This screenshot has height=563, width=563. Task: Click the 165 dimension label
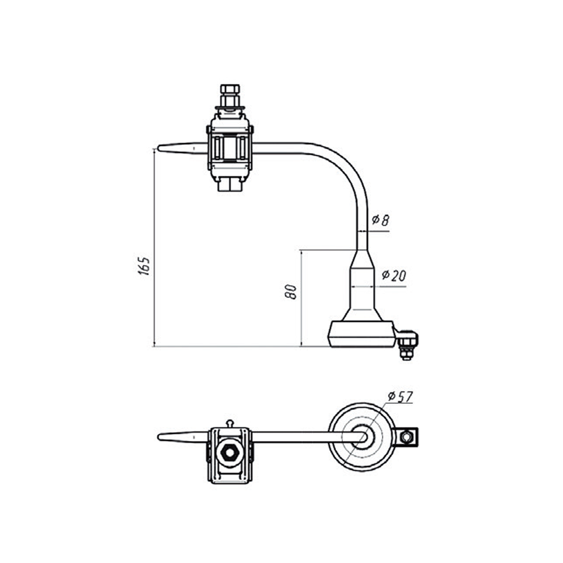pyautogui.click(x=144, y=266)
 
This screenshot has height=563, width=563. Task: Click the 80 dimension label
pyautogui.click(x=291, y=291)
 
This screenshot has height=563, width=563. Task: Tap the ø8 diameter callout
pyautogui.click(x=380, y=221)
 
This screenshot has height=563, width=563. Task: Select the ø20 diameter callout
pyautogui.click(x=394, y=275)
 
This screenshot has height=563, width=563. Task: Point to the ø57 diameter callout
pyautogui.click(x=400, y=397)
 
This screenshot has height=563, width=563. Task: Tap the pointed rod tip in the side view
pyautogui.click(x=160, y=148)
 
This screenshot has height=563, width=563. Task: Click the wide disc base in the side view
pyautogui.click(x=362, y=334)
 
